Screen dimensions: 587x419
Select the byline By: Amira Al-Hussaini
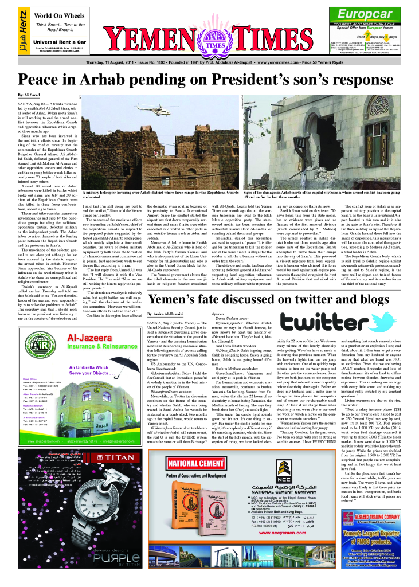(x=167, y=332)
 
